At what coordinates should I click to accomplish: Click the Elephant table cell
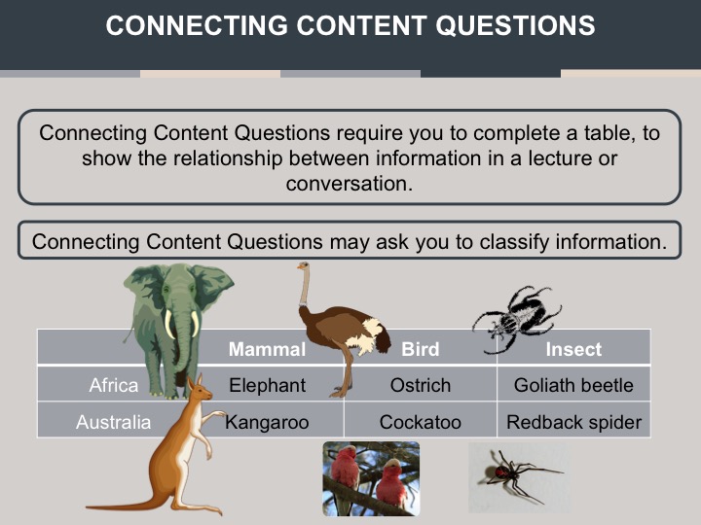click(268, 385)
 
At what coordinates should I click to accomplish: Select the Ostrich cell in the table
click(421, 385)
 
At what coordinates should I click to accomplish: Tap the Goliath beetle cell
click(573, 385)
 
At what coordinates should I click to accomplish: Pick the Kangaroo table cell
click(267, 422)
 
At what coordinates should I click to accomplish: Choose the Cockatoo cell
click(421, 422)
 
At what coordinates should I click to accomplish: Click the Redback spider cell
click(574, 422)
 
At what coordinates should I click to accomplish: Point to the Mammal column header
click(268, 349)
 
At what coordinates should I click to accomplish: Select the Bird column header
click(421, 349)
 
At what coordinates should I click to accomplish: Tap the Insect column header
click(573, 349)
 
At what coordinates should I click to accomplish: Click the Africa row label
click(114, 385)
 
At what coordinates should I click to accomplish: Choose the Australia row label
click(114, 422)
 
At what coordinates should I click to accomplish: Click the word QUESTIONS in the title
click(515, 25)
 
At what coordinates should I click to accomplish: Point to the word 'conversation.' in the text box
click(350, 184)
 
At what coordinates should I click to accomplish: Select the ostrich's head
click(304, 266)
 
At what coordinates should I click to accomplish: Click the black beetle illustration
click(517, 318)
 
